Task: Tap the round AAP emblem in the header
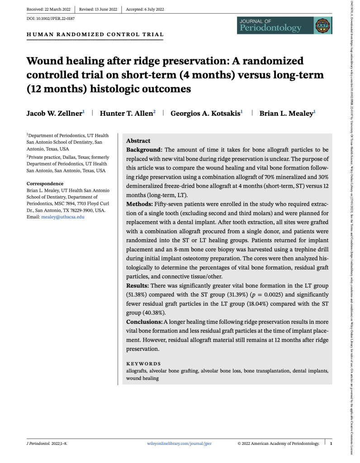322,25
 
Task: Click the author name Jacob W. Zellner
54,113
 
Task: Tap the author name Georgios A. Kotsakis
205,113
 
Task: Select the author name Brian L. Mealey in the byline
286,113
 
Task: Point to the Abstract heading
138,141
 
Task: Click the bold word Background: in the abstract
144,149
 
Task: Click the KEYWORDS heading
143,364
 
